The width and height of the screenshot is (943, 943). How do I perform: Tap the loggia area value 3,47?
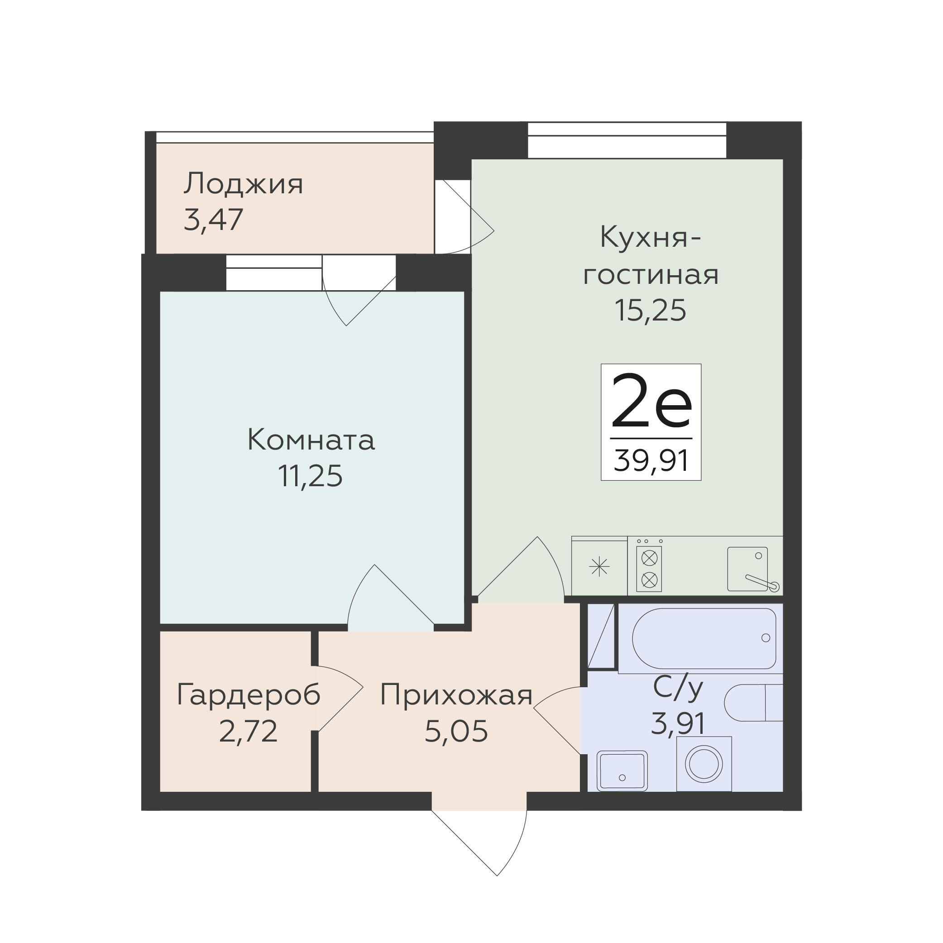click(x=213, y=220)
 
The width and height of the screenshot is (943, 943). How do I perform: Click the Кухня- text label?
click(x=651, y=238)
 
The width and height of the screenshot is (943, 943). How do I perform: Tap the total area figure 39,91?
click(x=651, y=460)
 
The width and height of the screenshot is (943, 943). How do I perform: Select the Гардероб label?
click(x=249, y=694)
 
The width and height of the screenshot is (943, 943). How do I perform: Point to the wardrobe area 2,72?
click(x=249, y=731)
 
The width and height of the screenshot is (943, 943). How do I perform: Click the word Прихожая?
click(x=456, y=694)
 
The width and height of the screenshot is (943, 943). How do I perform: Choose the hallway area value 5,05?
click(x=456, y=731)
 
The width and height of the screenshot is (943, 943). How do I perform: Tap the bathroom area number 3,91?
click(x=679, y=723)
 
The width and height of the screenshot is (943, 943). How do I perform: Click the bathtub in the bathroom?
click(x=704, y=638)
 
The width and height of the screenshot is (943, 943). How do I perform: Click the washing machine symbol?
click(x=704, y=764)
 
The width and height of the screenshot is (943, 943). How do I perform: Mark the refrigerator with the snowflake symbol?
click(x=599, y=566)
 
